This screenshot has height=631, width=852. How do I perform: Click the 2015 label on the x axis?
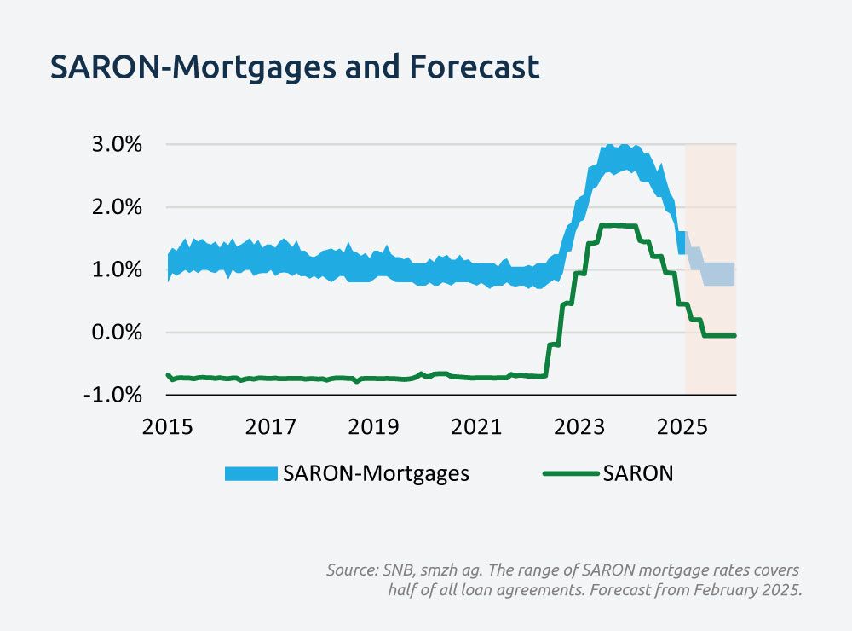pos(167,426)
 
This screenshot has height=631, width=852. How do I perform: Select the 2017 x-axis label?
pos(270,426)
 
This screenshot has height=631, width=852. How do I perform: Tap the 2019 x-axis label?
pos(374,426)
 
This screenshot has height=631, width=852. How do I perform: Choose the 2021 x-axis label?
pos(477,426)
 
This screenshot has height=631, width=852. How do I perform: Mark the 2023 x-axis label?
pos(581,426)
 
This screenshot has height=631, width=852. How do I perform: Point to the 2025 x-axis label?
pos(684,426)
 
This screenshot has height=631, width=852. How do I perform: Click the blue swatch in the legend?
pos(250,474)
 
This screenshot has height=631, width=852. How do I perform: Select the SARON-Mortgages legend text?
pos(377,474)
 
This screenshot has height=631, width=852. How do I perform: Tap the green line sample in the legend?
pos(570,474)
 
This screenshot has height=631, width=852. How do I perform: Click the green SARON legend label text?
pos(638,474)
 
